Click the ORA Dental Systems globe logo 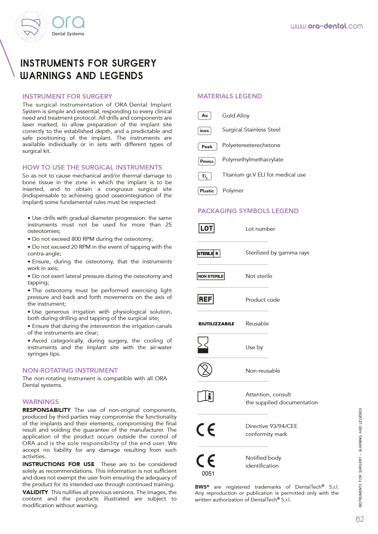tap(31, 26)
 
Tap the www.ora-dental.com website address tap(326, 26)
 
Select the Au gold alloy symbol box tap(205, 116)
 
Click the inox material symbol tap(204, 131)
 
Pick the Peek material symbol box tap(207, 146)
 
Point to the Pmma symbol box tap(207, 161)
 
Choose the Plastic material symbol tap(207, 191)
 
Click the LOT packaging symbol tap(206, 228)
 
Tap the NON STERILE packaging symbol tap(211, 276)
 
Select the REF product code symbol tap(205, 299)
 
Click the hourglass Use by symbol tap(203, 345)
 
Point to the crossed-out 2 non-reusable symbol tap(205, 370)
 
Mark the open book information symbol tap(205, 396)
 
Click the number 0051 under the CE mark tap(208, 473)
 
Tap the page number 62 tap(360, 519)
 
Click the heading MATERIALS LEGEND tap(230, 96)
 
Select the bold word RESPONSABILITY tap(46, 410)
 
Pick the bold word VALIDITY tap(35, 492)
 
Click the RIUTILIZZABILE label tap(216, 324)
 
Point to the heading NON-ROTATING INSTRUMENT tap(70, 371)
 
